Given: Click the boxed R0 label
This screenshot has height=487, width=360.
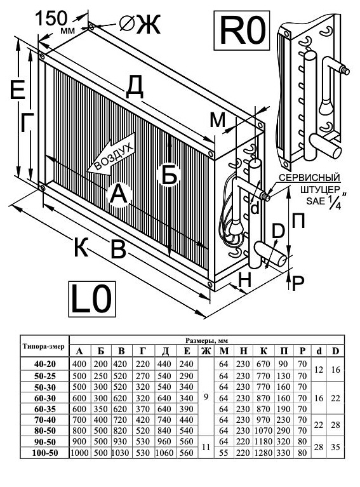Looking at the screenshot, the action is [x=242, y=30].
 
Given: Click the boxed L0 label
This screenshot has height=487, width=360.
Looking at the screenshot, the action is [x=92, y=299].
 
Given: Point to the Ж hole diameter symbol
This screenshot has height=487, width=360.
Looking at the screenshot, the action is [x=140, y=24].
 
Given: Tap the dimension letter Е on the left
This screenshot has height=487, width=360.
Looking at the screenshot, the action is [x=17, y=90].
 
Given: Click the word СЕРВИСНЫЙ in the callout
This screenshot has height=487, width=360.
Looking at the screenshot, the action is [x=309, y=178].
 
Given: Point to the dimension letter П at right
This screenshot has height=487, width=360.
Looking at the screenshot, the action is [x=298, y=221].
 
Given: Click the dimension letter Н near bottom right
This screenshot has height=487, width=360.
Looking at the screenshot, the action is [x=245, y=281].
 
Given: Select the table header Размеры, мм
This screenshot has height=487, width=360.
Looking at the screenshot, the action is [x=207, y=340].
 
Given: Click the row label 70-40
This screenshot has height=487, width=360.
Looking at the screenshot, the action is [x=45, y=420].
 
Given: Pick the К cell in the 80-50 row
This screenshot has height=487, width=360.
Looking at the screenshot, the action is [x=263, y=430].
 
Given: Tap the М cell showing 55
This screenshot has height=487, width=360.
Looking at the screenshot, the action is [x=223, y=453].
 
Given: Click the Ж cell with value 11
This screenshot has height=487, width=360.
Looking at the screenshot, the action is [x=206, y=447].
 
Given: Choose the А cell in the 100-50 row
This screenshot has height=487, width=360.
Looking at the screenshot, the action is [x=80, y=453].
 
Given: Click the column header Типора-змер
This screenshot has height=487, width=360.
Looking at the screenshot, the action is [x=44, y=346].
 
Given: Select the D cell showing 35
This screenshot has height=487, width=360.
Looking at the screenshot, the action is [x=335, y=447].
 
